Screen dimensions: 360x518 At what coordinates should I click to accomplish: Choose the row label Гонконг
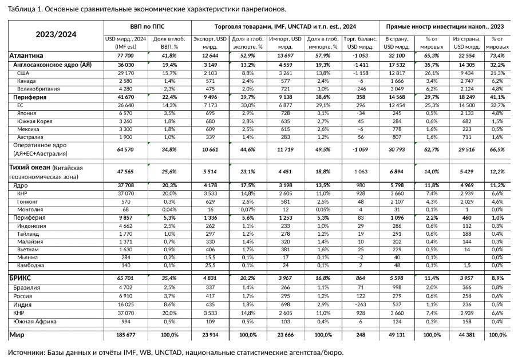tap(28, 201)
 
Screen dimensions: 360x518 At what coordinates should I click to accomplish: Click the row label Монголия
tap(30, 209)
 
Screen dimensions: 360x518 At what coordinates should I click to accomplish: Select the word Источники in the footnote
tap(26, 351)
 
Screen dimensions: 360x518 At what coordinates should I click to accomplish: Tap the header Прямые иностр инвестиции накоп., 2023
tap(445, 26)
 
